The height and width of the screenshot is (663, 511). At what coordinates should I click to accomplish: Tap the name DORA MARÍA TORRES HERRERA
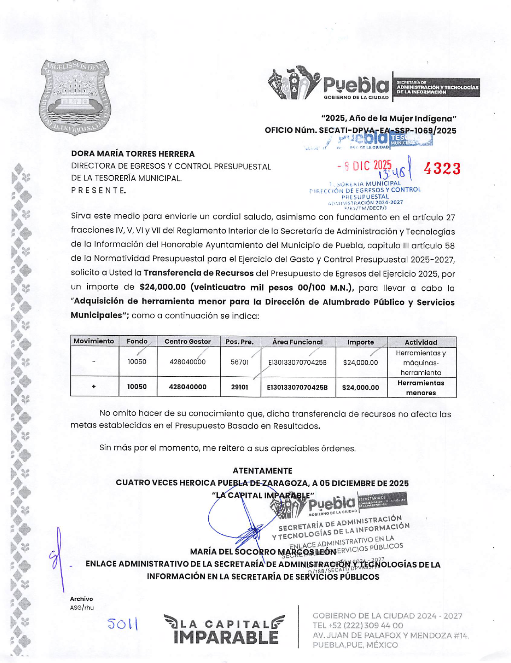pyautogui.click(x=133, y=154)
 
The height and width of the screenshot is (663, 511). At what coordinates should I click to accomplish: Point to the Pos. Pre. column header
pyautogui.click(x=239, y=342)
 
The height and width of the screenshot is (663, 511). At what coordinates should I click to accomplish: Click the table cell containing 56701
pyautogui.click(x=239, y=362)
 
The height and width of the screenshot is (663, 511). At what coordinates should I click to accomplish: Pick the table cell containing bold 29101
pyautogui.click(x=239, y=387)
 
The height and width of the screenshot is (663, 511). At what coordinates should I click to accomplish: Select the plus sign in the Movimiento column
pyautogui.click(x=94, y=387)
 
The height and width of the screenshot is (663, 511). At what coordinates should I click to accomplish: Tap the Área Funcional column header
pyautogui.click(x=297, y=342)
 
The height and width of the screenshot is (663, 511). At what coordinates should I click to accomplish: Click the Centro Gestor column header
pyautogui.click(x=188, y=342)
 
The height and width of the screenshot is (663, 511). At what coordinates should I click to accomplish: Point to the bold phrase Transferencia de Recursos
pyautogui.click(x=198, y=273)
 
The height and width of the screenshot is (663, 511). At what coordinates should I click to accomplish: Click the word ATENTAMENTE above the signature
pyautogui.click(x=262, y=471)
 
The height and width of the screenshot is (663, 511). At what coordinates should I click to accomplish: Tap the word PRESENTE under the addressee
pyautogui.click(x=98, y=191)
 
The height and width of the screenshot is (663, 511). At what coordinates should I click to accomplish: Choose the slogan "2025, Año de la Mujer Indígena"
pyautogui.click(x=389, y=119)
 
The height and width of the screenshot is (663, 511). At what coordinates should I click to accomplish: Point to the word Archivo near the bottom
pyautogui.click(x=81, y=599)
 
